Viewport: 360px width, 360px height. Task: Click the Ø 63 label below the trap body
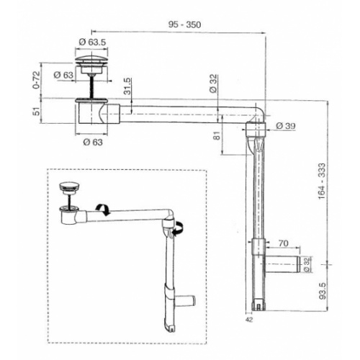click(x=91, y=143)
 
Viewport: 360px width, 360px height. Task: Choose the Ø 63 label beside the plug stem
click(x=63, y=73)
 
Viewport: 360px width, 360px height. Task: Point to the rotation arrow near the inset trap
click(x=104, y=209)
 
